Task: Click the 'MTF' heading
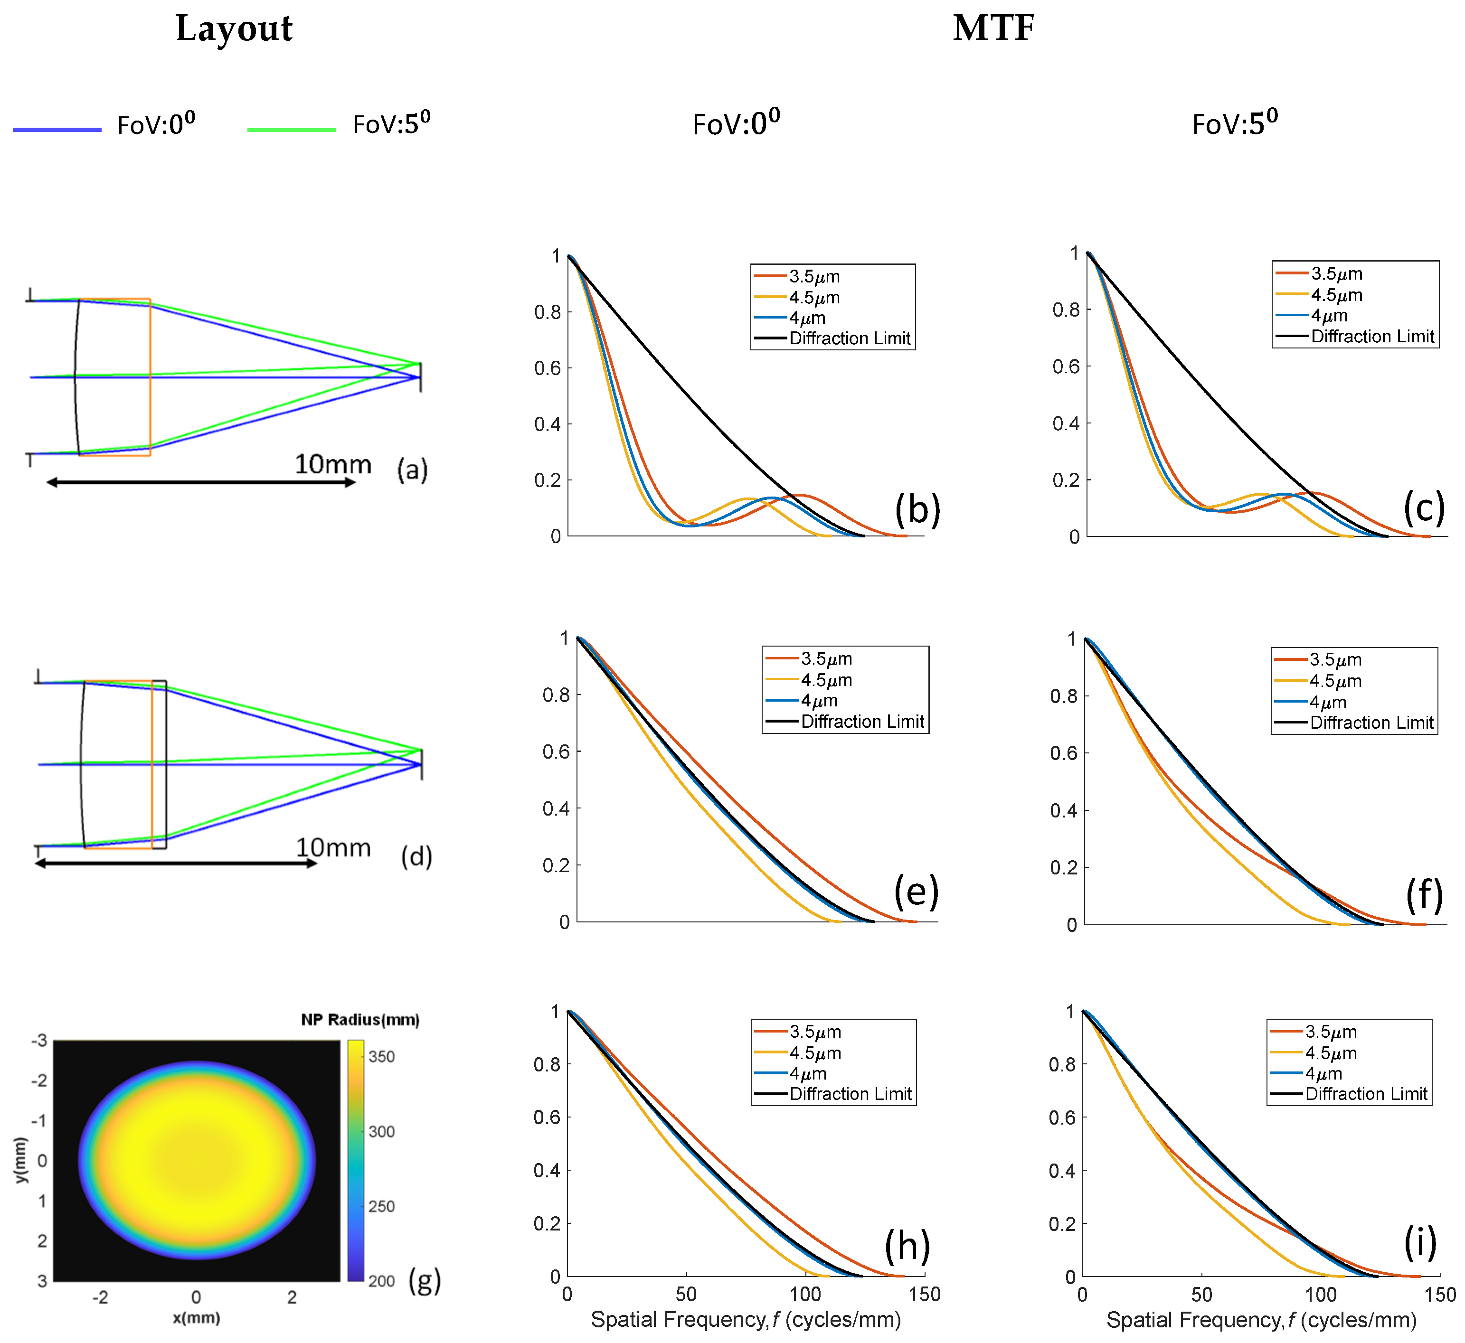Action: click(993, 29)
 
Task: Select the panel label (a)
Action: click(412, 470)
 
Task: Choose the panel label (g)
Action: click(425, 1280)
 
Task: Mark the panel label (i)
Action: click(1420, 1243)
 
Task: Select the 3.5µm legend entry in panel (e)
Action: click(826, 659)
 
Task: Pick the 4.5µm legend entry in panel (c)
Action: click(1336, 295)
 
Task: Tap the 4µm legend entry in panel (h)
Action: click(807, 1073)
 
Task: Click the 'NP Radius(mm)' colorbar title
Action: click(360, 1020)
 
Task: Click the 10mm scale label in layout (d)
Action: click(333, 848)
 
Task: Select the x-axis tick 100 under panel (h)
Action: click(805, 1294)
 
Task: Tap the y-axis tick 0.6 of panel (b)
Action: click(548, 368)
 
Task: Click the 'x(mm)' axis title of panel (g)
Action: click(196, 1317)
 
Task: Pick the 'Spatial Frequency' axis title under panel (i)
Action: click(1261, 1320)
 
